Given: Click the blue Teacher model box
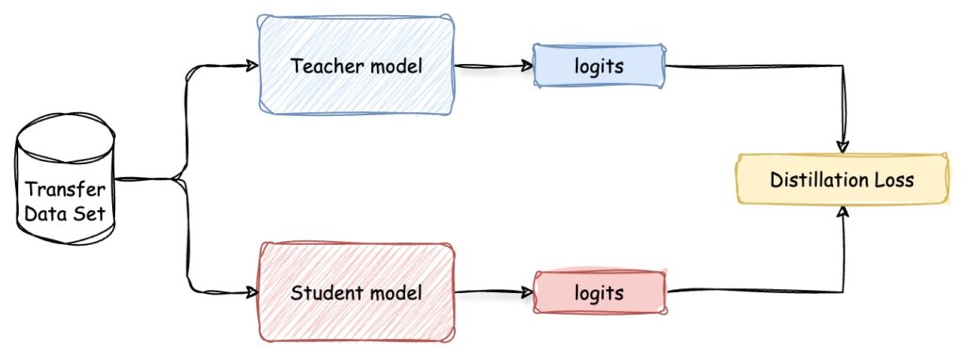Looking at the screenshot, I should pyautogui.click(x=356, y=67).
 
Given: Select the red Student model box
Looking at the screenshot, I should pyautogui.click(x=356, y=292).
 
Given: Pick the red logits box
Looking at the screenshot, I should pyautogui.click(x=599, y=292).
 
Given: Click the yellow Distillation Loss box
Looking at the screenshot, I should pyautogui.click(x=842, y=179).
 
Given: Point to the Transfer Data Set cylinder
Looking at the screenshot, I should pyautogui.click(x=64, y=188).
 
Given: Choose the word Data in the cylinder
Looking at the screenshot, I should pyautogui.click(x=43, y=213).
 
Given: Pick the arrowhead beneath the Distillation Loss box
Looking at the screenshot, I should pyautogui.click(x=842, y=211).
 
